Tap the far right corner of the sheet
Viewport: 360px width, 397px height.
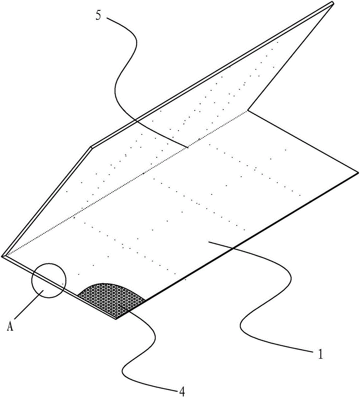coord(358,173)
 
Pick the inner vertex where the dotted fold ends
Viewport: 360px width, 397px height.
coord(248,110)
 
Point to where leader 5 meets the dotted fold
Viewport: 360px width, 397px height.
coord(188,147)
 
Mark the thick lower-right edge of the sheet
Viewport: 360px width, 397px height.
coord(250,238)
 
